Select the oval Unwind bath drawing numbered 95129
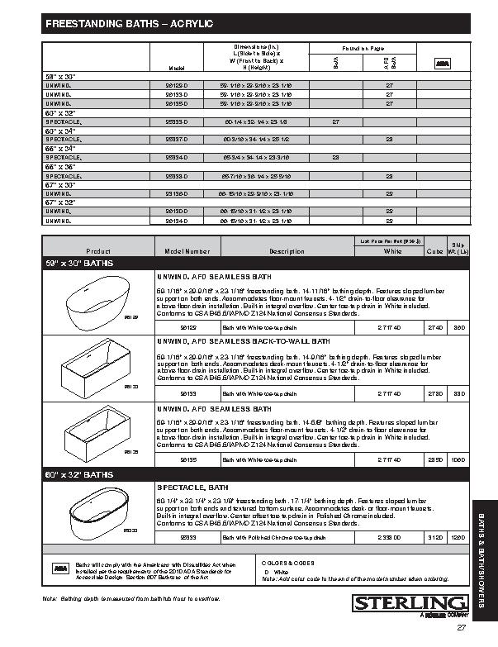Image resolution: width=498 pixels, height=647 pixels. click(x=98, y=301)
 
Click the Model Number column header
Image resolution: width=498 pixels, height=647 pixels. click(x=187, y=251)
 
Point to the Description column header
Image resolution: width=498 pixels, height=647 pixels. click(x=287, y=251)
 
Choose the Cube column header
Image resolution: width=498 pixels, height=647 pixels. click(x=435, y=251)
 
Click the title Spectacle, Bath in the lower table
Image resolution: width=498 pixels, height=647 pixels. click(x=192, y=488)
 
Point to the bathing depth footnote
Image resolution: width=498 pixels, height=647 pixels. click(x=131, y=597)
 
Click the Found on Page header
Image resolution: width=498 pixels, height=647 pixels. click(x=357, y=48)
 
